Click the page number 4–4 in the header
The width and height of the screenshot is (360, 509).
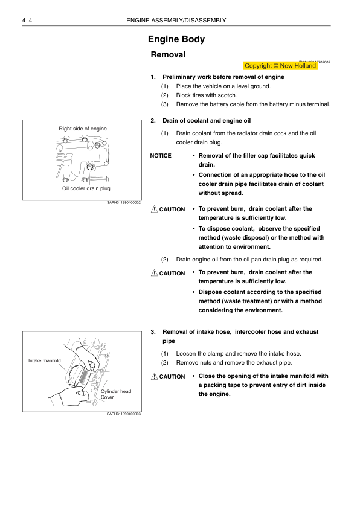(x=27, y=21)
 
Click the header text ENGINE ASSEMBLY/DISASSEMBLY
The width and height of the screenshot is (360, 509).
(x=176, y=21)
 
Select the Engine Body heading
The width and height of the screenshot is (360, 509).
(x=176, y=39)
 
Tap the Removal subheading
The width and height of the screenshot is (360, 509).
(x=168, y=54)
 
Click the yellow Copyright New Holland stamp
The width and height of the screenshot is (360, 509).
(x=280, y=66)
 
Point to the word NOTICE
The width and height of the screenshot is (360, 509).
(x=161, y=156)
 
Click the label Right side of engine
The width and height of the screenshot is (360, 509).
(x=83, y=129)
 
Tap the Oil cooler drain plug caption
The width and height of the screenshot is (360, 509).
(x=86, y=188)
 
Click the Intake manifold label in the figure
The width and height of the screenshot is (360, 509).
(x=45, y=360)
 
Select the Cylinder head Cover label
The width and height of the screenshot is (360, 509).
(x=116, y=394)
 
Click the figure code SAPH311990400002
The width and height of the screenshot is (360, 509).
(x=124, y=202)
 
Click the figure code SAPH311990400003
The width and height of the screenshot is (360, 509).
(x=124, y=414)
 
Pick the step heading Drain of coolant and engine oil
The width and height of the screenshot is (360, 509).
(x=207, y=121)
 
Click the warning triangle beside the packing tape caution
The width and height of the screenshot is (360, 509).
(x=155, y=376)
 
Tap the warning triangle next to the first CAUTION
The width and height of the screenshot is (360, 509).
(x=155, y=209)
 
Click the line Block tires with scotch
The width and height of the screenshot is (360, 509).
(x=207, y=95)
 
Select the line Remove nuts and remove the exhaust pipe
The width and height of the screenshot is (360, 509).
(x=234, y=363)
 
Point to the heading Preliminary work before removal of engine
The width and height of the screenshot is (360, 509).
(x=223, y=77)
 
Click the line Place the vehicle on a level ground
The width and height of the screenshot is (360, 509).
(x=223, y=86)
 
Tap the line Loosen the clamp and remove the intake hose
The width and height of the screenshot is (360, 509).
(x=239, y=354)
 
